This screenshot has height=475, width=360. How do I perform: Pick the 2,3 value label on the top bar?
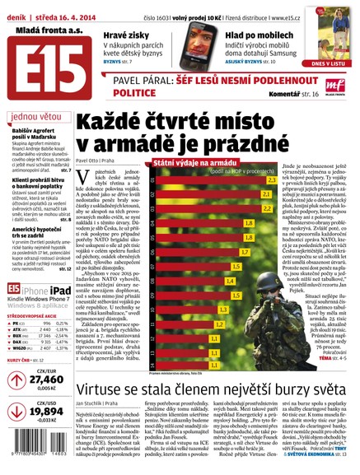click(x=291, y=181)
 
